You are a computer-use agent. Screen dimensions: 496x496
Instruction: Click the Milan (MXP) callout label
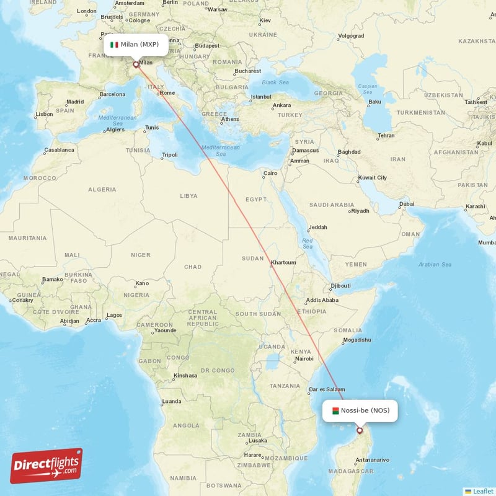(x=135, y=44)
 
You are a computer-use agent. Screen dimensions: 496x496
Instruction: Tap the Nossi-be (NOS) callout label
(x=360, y=410)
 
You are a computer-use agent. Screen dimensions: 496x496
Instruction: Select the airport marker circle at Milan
(x=136, y=64)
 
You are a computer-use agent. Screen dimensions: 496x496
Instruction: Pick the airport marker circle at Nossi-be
(x=360, y=430)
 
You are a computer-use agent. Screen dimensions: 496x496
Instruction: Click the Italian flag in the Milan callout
(x=114, y=45)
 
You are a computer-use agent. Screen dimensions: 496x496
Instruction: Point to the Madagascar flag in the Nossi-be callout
(x=335, y=410)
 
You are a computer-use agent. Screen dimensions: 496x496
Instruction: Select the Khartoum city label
(x=283, y=262)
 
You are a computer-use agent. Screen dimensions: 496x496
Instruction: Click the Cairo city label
(x=270, y=173)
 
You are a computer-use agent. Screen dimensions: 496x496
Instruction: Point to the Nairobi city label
(x=304, y=358)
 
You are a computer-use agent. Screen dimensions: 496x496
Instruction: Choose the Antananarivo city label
(x=372, y=459)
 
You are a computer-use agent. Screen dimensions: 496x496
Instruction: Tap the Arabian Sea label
(x=435, y=264)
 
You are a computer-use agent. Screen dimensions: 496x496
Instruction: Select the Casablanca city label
(x=59, y=150)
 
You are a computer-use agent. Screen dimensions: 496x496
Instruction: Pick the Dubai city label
(x=407, y=203)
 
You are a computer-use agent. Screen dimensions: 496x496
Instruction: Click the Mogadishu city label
(x=356, y=340)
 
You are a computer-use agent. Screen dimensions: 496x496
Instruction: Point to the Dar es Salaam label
(x=326, y=389)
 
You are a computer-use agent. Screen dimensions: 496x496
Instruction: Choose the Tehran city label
(x=386, y=135)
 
